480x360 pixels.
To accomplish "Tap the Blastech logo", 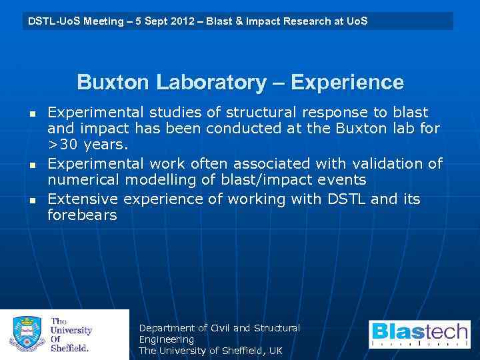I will pyautogui.click(x=419, y=335).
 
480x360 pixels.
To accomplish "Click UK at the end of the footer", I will pyautogui.click(x=275, y=351).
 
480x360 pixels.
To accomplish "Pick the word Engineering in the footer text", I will pyautogui.click(x=166, y=339).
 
